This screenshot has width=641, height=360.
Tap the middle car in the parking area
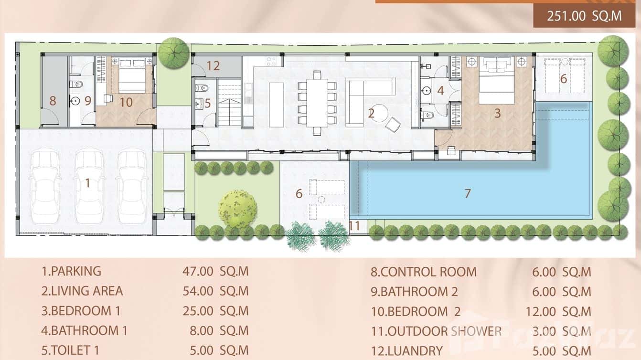click(x=89, y=186)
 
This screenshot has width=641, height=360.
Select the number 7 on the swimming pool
click(x=468, y=193)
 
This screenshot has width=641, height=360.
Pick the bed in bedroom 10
click(x=132, y=75)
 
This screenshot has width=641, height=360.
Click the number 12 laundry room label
click(x=213, y=66)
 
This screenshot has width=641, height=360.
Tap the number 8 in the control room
click(x=53, y=101)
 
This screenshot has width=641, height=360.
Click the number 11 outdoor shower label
click(x=354, y=225)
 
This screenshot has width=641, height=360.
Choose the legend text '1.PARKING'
click(x=71, y=271)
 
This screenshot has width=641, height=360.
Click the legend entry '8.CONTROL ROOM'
click(x=424, y=272)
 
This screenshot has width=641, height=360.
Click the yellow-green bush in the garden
click(x=237, y=209)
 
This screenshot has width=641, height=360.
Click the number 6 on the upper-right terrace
click(x=563, y=79)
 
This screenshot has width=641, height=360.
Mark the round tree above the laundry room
click(x=173, y=53)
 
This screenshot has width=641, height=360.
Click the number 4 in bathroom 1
click(x=440, y=90)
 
